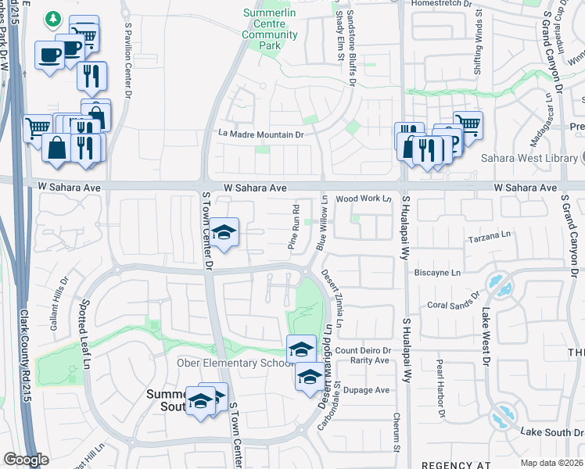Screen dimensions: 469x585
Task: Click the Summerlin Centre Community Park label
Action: pyautogui.click(x=270, y=24)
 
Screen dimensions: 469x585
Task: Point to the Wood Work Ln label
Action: pyautogui.click(x=363, y=199)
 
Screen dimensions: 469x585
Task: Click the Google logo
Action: pyautogui.click(x=26, y=460)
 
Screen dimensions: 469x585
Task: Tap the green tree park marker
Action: pyautogui.click(x=53, y=17)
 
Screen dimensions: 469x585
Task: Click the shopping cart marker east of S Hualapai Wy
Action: pyautogui.click(x=468, y=123)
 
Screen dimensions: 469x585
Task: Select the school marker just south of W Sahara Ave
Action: pyautogui.click(x=224, y=232)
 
